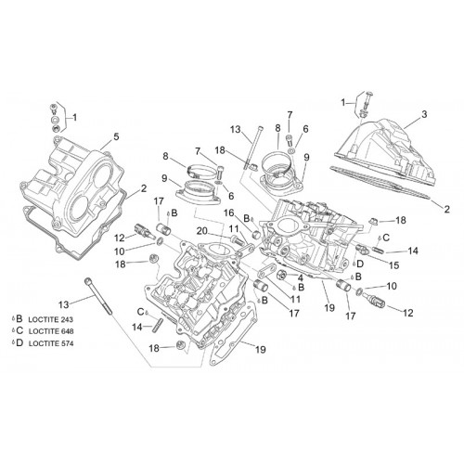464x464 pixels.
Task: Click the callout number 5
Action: tap(116, 136)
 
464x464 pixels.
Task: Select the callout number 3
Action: tap(424, 114)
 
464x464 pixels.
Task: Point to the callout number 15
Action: tap(394, 265)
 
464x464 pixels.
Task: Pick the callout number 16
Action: tap(229, 213)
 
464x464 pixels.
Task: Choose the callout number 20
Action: tap(202, 231)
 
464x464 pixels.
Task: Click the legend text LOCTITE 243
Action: tap(51, 319)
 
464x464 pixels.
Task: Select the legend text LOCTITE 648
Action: tap(51, 331)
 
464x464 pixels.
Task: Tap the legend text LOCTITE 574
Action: tap(51, 343)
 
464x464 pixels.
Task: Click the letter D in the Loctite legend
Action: tap(19, 342)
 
